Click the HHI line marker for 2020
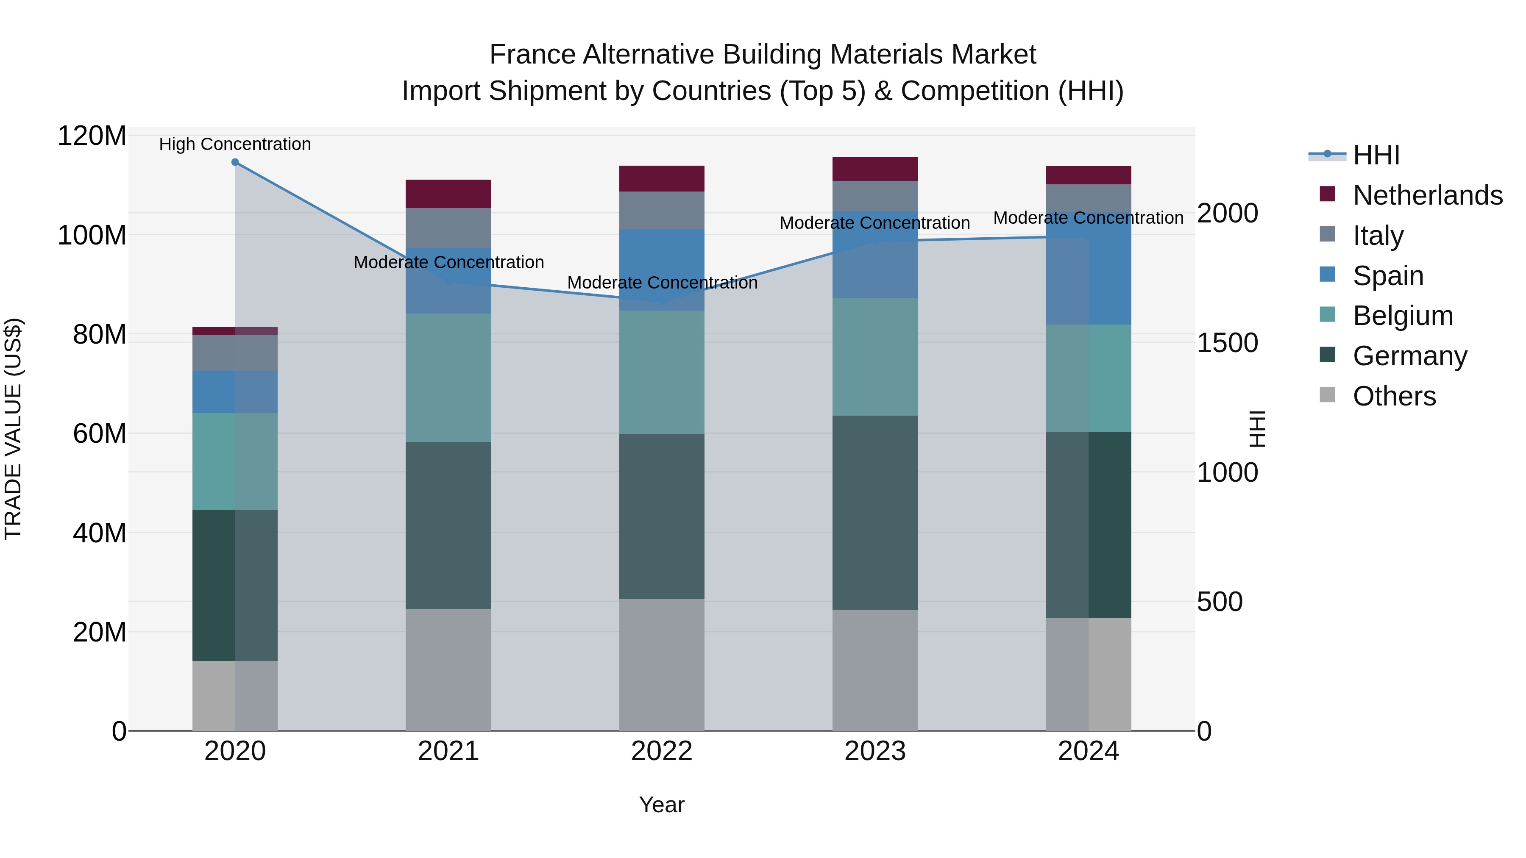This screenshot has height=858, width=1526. point(235,162)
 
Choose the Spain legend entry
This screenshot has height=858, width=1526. point(1388,276)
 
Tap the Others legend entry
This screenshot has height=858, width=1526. point(1394,396)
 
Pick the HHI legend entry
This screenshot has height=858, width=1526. point(1376,155)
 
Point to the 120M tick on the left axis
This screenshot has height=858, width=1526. point(92,136)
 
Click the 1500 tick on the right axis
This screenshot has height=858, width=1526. point(1227,344)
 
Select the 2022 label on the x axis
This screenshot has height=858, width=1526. point(662,751)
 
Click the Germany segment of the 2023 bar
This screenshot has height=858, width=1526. point(875,512)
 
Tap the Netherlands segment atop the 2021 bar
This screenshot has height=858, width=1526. point(448,194)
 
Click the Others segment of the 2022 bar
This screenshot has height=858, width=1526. point(662,664)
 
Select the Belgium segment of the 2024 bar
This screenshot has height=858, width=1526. point(1088,378)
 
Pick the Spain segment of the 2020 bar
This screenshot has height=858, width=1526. point(235,392)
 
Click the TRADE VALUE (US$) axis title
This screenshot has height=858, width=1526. point(13,429)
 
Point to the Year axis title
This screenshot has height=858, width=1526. point(662,805)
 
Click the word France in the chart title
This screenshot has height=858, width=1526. point(532,55)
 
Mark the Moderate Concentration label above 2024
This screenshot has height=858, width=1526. point(1088,218)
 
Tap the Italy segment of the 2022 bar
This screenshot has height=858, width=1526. point(662,210)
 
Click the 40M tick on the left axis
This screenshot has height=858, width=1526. point(100,533)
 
